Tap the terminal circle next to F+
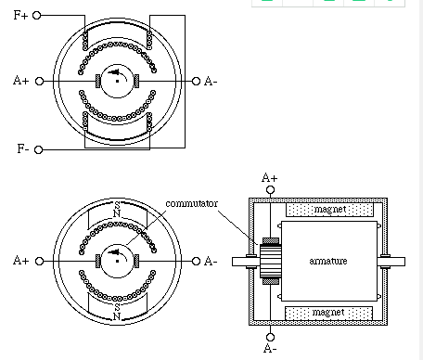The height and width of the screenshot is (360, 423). (x=39, y=16)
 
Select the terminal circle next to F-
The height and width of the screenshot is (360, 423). (x=39, y=148)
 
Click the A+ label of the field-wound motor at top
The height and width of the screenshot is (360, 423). (x=21, y=82)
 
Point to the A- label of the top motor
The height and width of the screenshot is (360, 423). (x=211, y=82)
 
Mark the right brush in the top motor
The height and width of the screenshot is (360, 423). (x=137, y=82)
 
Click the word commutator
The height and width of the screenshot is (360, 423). (x=191, y=203)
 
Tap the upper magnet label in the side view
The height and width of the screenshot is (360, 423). (x=331, y=211)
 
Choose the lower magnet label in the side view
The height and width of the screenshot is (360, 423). (x=331, y=312)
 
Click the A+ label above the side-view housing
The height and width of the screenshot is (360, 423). (x=270, y=176)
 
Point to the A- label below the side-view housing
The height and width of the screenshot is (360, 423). (x=270, y=349)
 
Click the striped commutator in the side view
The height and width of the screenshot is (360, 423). (x=270, y=261)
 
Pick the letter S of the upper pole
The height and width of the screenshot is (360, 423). (x=117, y=205)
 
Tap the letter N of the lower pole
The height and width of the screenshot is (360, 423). (x=117, y=317)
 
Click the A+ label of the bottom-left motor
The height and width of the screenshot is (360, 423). (x=21, y=262)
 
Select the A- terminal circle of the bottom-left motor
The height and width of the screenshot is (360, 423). (x=196, y=262)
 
